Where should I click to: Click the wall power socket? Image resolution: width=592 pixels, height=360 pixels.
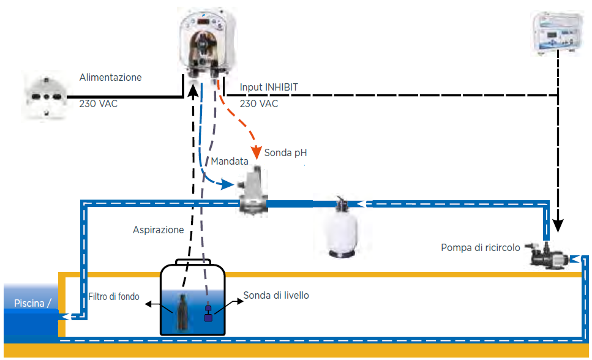pos(46,97)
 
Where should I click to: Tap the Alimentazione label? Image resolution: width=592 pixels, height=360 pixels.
pos(111,77)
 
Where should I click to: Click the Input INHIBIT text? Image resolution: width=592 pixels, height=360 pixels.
pos(269,88)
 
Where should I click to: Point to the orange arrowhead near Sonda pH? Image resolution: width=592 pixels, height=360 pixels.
pos(257,152)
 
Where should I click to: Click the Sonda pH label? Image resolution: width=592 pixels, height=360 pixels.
pos(285,153)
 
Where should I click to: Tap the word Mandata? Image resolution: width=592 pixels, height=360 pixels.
pos(230,161)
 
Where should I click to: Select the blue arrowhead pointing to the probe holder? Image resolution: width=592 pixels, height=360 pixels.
pos(227,184)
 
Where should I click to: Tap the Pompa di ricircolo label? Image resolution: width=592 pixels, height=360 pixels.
pos(481,248)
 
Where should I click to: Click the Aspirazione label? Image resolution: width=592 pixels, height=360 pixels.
pos(158,230)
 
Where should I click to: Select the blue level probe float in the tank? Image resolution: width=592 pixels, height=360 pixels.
pos(208,313)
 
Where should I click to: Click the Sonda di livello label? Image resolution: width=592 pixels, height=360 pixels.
pos(276,295)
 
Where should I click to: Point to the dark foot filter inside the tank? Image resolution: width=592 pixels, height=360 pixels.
pos(182,312)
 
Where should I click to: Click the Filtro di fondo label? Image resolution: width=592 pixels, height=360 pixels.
pos(114,296)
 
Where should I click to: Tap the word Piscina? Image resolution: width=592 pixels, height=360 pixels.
pos(29,303)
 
